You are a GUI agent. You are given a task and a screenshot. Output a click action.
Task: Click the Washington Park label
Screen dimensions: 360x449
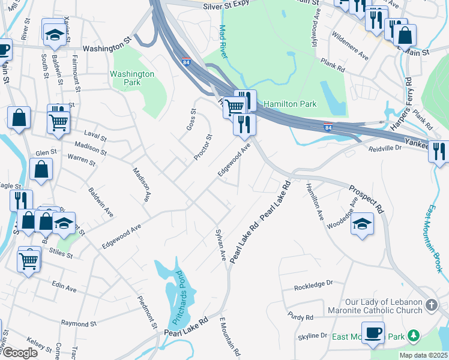132,79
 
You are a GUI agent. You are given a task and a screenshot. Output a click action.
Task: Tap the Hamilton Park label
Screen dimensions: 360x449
290,104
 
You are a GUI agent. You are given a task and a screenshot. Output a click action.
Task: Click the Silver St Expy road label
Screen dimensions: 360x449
225,4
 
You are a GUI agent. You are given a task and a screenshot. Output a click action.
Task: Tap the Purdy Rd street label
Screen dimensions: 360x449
301,317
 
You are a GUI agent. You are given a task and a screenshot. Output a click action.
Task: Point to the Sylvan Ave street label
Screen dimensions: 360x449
220,245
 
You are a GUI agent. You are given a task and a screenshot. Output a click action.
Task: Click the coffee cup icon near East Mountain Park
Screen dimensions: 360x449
373,332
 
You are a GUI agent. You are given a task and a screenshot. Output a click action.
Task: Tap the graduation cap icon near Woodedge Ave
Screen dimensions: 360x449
361,224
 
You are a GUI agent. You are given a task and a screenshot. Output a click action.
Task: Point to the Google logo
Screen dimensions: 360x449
20,353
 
